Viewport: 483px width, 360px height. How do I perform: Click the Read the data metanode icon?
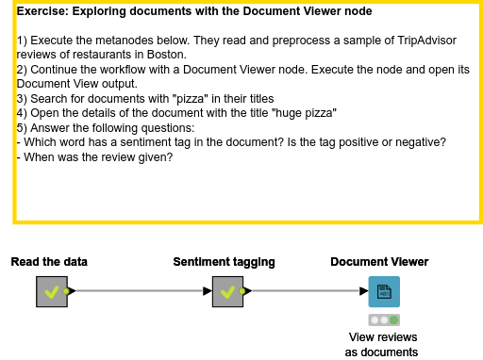(51, 292)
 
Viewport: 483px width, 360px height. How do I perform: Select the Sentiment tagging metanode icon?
(226, 292)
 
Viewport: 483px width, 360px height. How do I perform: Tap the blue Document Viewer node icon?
(383, 291)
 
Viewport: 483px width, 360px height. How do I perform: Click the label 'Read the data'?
(49, 261)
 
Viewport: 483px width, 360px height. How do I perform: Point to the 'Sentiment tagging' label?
(224, 261)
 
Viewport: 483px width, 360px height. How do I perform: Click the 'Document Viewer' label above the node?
(379, 261)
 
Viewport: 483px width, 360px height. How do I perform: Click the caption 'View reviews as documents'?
(382, 345)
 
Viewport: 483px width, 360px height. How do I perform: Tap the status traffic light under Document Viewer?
(383, 320)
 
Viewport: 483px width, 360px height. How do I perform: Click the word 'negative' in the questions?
(421, 141)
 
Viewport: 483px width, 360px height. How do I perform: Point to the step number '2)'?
(23, 70)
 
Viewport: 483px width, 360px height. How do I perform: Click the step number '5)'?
(23, 127)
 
